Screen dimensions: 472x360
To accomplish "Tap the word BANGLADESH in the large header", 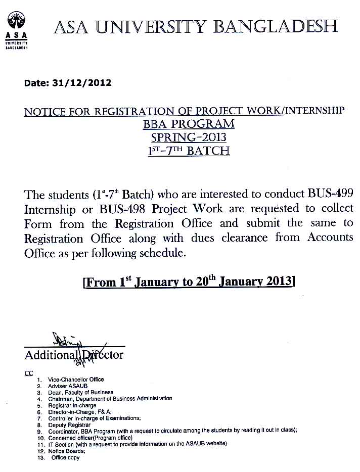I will [x=276, y=26].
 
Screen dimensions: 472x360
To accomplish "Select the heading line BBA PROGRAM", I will [x=189, y=124].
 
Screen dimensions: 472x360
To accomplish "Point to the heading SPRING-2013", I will [x=189, y=137].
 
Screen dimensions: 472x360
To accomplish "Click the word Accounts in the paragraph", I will [x=328, y=237].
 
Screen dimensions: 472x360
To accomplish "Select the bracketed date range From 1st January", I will [x=189, y=281].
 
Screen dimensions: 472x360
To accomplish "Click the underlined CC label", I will [x=29, y=373].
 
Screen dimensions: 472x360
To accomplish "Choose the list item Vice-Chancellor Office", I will [x=76, y=380].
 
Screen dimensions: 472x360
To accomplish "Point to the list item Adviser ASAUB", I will [x=68, y=386].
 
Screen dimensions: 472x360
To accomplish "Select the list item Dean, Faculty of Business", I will [x=81, y=392].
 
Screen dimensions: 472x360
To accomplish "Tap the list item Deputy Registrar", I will [x=69, y=425].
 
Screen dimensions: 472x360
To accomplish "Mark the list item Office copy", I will [x=66, y=458].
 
